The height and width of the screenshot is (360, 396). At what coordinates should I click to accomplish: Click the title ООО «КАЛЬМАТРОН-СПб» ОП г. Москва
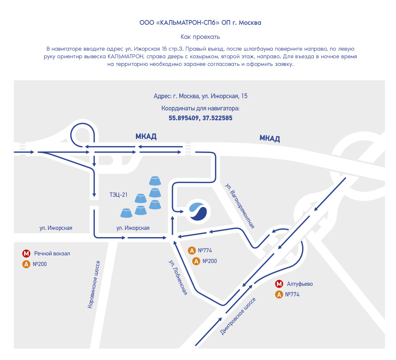click(200, 22)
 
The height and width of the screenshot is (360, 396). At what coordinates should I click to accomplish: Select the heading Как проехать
click(200, 37)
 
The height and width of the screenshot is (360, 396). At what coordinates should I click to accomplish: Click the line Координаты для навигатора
click(200, 108)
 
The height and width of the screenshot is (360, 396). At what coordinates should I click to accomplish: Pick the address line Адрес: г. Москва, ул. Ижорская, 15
click(201, 96)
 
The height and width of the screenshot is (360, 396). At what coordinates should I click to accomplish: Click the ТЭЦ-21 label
click(118, 194)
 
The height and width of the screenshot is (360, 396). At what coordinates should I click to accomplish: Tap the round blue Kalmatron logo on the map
click(198, 212)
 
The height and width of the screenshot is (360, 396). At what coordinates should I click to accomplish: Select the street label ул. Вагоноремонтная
click(240, 206)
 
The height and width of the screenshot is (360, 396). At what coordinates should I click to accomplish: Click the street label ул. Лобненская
click(178, 277)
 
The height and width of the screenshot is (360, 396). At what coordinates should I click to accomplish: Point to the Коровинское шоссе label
click(94, 285)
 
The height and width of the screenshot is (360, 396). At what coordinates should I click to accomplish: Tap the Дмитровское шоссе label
click(238, 316)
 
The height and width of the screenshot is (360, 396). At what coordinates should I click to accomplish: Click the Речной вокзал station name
click(52, 253)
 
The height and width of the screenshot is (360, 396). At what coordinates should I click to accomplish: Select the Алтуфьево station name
click(300, 284)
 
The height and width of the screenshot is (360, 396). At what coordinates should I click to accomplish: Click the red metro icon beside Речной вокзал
click(26, 253)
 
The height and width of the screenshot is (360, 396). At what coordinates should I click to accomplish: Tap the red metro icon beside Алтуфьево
click(279, 284)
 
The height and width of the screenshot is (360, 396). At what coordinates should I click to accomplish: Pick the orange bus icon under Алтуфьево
click(279, 295)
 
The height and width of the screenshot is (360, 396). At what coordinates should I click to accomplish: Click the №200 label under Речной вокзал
click(40, 264)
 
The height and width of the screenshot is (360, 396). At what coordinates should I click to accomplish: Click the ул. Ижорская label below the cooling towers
click(133, 228)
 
